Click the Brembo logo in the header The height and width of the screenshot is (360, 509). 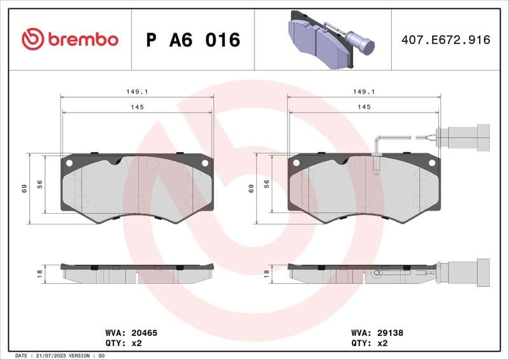pos(70,39)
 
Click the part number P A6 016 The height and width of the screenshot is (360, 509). pos(193,40)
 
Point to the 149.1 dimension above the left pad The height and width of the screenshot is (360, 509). pos(137,92)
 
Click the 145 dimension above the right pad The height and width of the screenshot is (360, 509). pos(364,107)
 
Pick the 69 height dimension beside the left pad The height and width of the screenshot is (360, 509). pos(24,188)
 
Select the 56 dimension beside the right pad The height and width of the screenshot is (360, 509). pos(267,183)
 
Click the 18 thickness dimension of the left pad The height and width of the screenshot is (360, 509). pos(39,273)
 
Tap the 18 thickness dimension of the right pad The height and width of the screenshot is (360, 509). pos(267,273)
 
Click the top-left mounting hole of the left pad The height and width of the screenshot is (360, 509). pos(69,163)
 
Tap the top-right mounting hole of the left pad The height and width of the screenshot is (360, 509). pos(205,163)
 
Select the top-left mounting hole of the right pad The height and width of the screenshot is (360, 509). pos(296,163)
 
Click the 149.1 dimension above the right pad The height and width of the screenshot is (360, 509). pos(364,92)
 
